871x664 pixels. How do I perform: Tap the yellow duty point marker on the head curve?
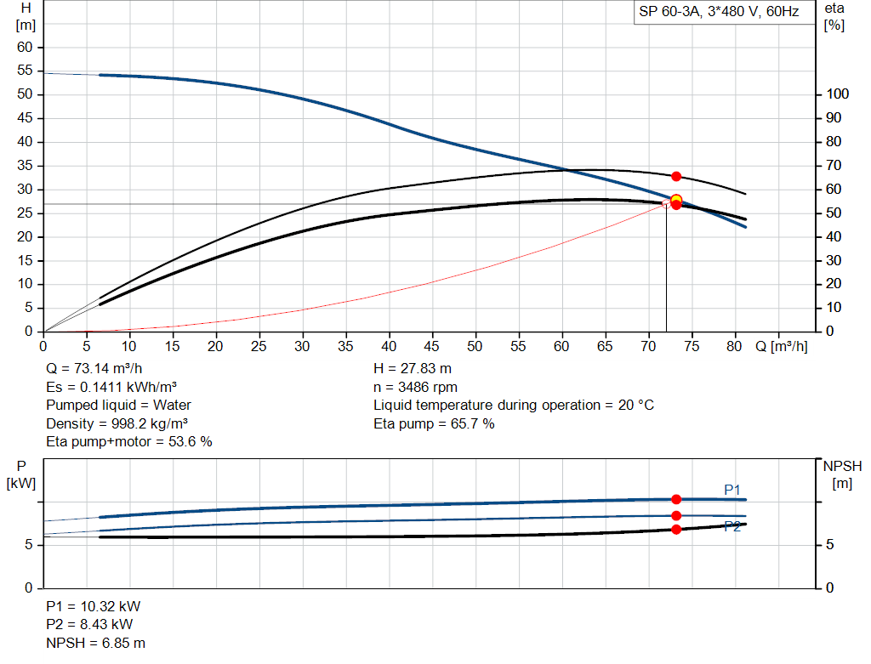[x=676, y=201]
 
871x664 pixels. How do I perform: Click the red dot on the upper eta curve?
[x=676, y=176]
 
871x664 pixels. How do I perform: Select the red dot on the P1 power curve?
[x=676, y=499]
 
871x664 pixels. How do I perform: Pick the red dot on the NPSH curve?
[x=676, y=530]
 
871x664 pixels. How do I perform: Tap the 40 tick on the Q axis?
[x=389, y=346]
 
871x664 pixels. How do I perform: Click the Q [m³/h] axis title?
[x=781, y=346]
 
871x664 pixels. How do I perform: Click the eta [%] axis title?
[x=834, y=16]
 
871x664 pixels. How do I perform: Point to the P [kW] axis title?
[x=21, y=474]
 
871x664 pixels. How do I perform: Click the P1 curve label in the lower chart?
[x=732, y=489]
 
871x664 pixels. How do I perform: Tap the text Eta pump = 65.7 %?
[x=434, y=423]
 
